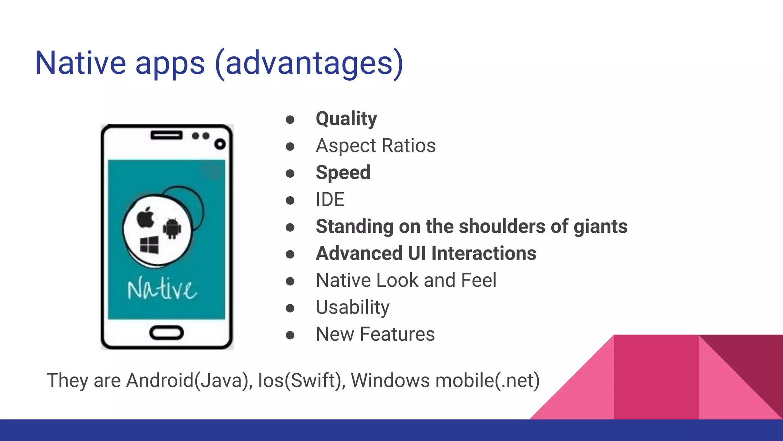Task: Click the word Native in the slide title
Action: point(80,63)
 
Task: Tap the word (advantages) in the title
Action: point(309,63)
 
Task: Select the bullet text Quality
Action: point(346,119)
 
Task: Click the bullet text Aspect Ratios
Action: point(375,146)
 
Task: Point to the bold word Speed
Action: point(343,173)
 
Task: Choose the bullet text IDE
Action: point(330,199)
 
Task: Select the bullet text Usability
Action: point(353,307)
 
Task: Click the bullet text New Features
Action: point(375,334)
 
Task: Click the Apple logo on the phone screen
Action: point(146,217)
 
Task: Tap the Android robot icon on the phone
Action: point(172,229)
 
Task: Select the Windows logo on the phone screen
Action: point(149,245)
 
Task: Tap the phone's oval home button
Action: point(166,333)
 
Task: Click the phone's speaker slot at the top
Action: point(166,135)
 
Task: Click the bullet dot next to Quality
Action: point(290,119)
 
